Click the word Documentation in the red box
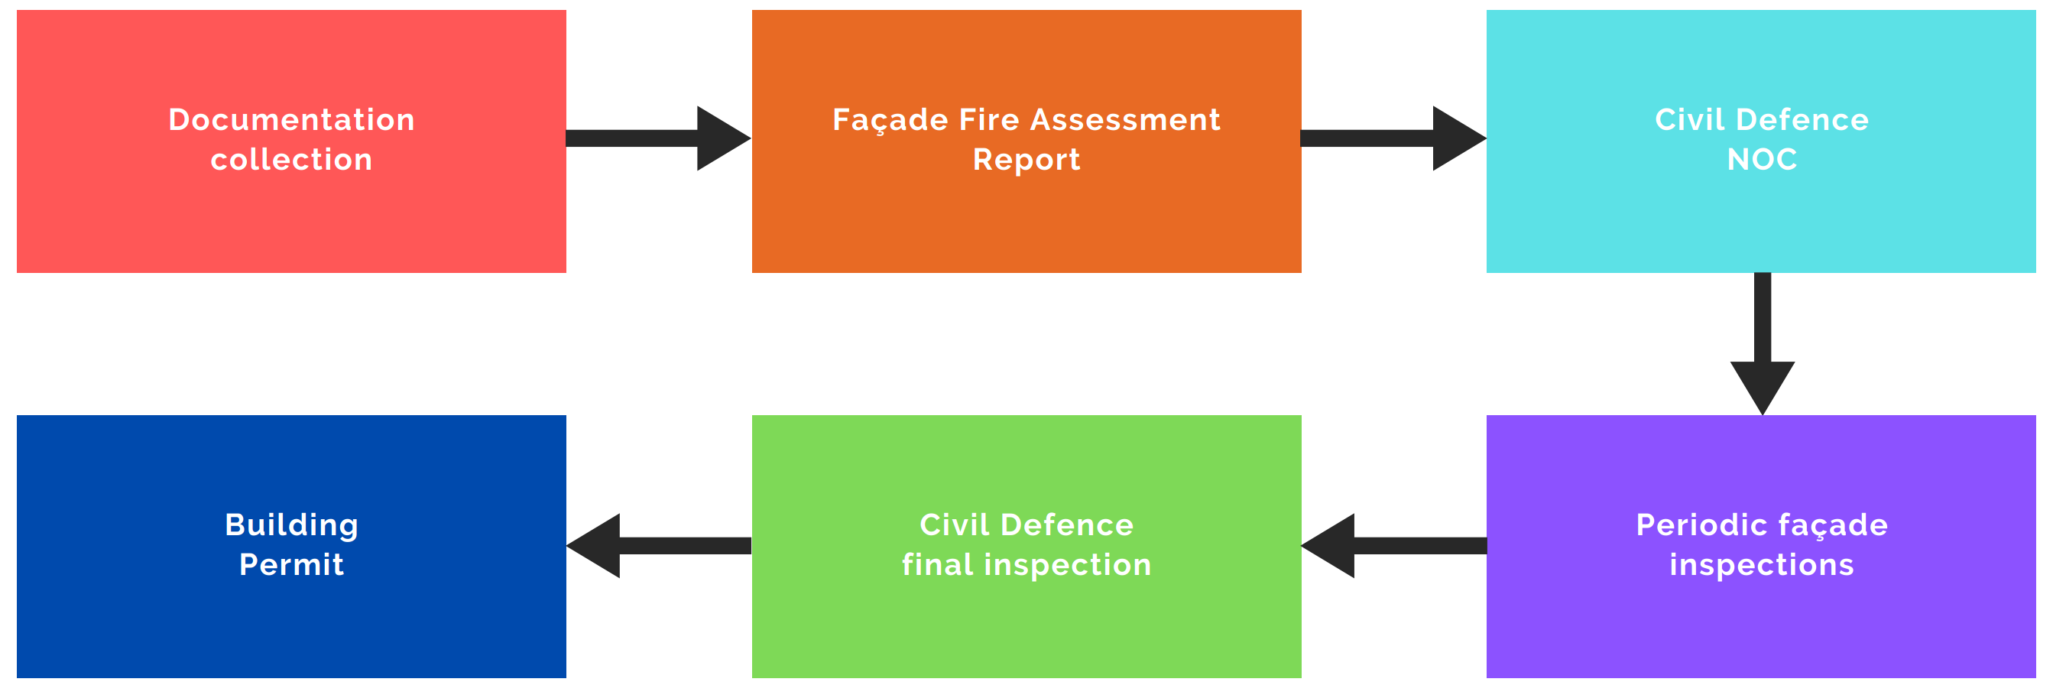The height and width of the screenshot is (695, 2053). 291,119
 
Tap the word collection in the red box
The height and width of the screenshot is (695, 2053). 291,159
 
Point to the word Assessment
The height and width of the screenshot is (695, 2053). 1125,119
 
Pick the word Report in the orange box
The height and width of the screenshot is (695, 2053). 1026,159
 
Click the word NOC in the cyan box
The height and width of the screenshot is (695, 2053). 1761,159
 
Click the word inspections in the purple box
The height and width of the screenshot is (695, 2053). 1761,565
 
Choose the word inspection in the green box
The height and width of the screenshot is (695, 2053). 1068,565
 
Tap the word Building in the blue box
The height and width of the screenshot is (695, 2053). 291,525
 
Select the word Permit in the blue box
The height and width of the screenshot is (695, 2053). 291,565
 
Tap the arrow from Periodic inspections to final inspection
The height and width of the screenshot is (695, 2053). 1394,546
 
